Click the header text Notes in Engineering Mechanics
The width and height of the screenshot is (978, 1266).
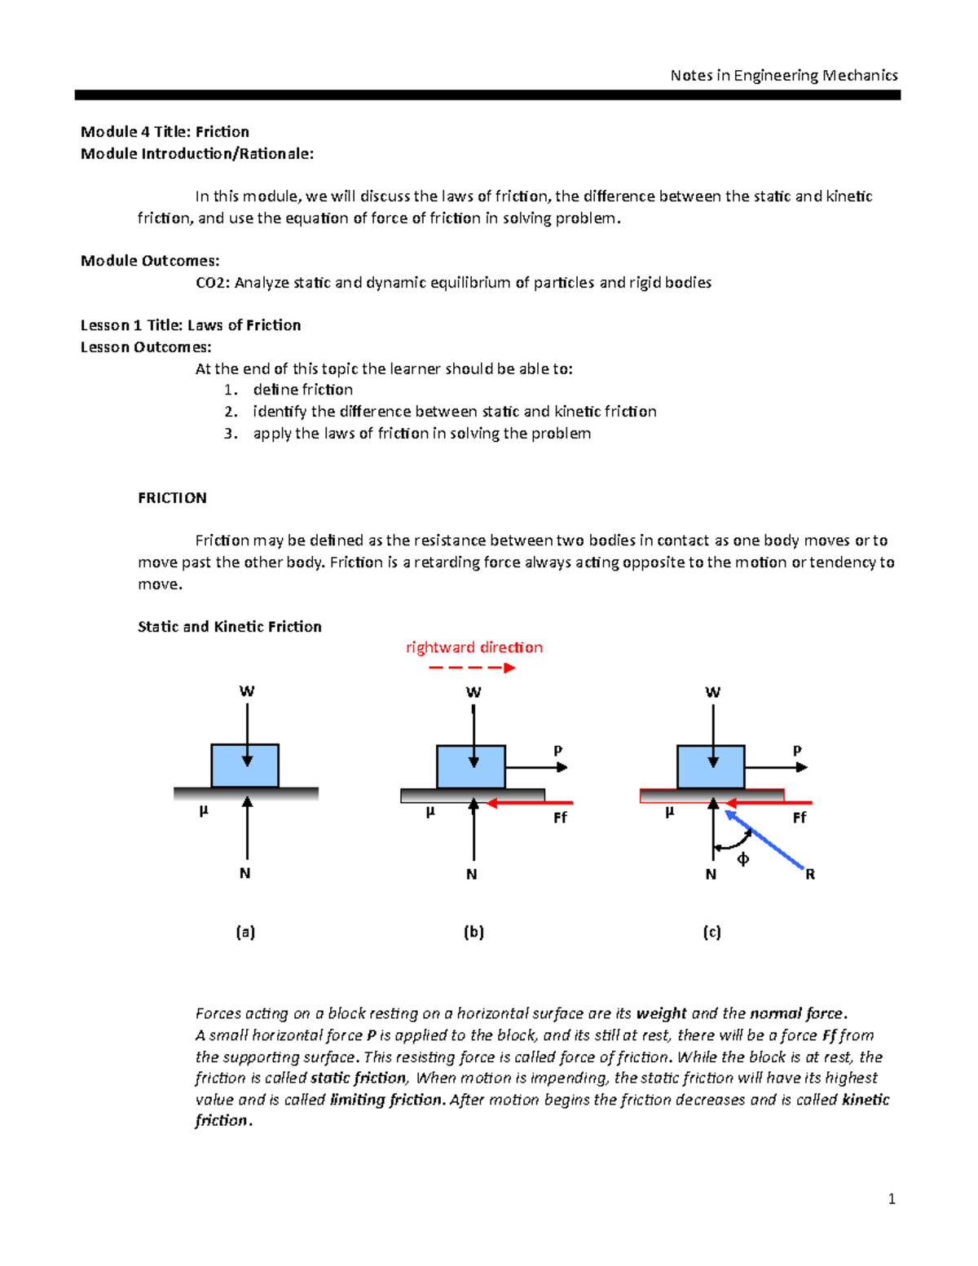(783, 76)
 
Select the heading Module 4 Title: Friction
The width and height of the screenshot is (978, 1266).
(165, 132)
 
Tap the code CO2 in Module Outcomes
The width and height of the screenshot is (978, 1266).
(211, 283)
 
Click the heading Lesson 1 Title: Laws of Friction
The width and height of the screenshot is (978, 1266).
(191, 325)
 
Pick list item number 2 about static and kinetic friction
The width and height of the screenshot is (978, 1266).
(454, 412)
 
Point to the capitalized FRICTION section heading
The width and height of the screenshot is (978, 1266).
(172, 498)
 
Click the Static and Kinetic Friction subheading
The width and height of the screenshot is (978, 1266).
(229, 627)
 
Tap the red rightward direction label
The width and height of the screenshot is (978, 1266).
(474, 647)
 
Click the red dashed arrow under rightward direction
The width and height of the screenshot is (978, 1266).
(472, 668)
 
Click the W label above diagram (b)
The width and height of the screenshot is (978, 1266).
(473, 692)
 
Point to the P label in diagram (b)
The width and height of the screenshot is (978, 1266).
(558, 751)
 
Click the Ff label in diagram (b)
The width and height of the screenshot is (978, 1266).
(560, 818)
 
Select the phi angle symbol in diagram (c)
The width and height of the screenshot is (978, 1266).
(742, 859)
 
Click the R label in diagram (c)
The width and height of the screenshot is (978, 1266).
(810, 875)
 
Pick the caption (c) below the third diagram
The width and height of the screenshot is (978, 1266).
(711, 932)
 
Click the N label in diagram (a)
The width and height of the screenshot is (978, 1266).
(244, 873)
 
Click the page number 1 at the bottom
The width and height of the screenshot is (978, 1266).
(892, 1198)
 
